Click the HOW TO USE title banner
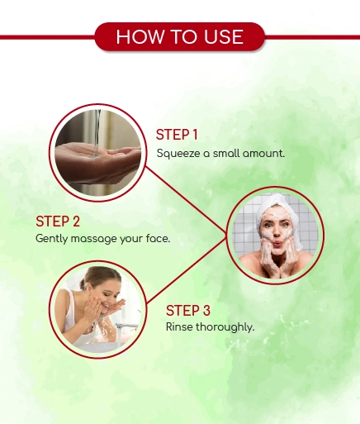(x=180, y=36)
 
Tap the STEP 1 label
(x=177, y=135)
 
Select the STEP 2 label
(x=58, y=222)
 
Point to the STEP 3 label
(x=188, y=311)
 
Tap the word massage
(x=94, y=239)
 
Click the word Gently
(x=52, y=239)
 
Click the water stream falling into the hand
(x=97, y=133)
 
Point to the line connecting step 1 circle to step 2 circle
(x=186, y=200)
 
